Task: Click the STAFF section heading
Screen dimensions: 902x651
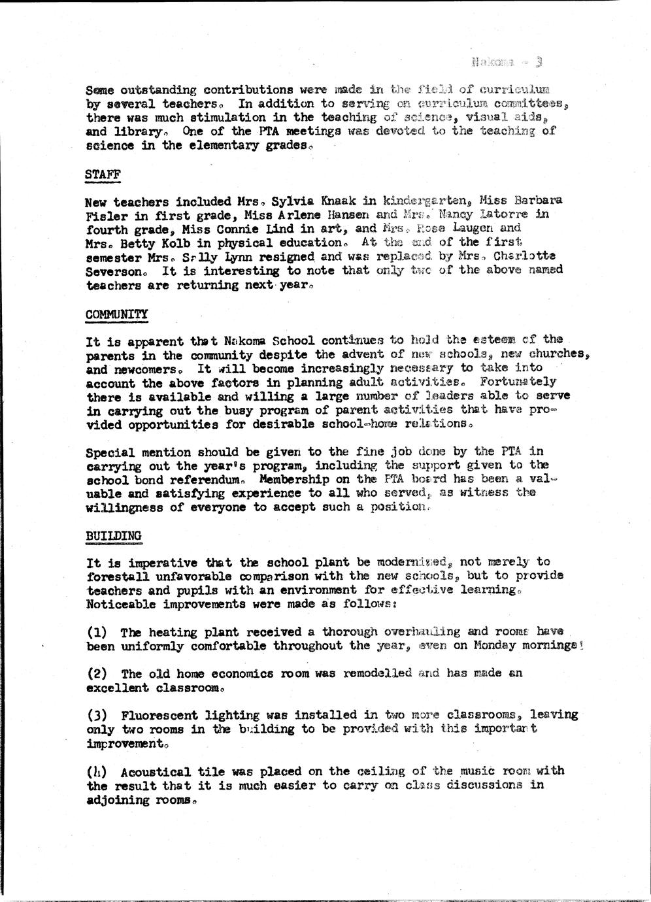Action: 103,174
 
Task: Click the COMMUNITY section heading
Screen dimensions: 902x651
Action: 117,314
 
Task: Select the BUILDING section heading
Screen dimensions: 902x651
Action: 114,535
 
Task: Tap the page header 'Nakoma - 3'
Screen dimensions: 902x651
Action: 507,62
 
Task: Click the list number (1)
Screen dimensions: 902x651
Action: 97,632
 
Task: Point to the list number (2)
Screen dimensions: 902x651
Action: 97,673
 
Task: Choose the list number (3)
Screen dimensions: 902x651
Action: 97,715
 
